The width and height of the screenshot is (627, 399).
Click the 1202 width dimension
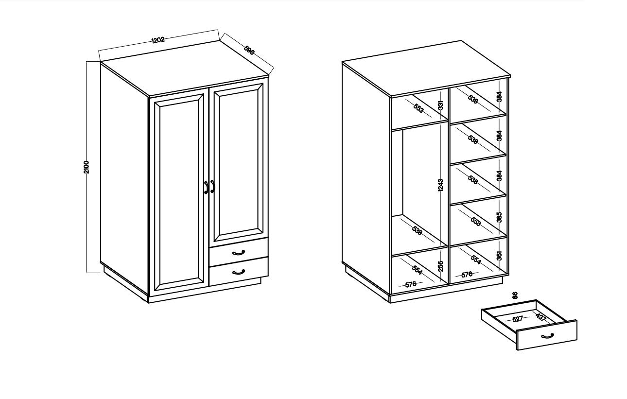pos(158,40)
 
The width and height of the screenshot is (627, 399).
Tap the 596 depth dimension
pos(249,50)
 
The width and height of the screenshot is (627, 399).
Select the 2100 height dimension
pos(86,167)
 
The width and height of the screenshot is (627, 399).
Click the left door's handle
pos(206,187)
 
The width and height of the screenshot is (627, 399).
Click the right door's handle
pos(212,187)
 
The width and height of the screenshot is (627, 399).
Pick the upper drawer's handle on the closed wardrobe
pos(239,253)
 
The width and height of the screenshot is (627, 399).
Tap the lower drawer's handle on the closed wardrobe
pos(239,272)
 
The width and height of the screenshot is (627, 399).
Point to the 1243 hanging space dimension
pos(440,185)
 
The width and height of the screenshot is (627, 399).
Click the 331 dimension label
pos(440,105)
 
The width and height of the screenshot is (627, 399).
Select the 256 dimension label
pos(440,266)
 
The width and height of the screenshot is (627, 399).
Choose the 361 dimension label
pos(499,256)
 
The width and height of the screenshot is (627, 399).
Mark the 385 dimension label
pos(499,217)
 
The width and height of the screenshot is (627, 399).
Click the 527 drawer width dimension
pos(518,319)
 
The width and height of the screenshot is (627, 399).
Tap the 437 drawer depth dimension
pos(541,317)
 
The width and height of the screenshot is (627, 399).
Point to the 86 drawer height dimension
pos(515,295)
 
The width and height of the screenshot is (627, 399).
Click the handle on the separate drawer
pos(547,335)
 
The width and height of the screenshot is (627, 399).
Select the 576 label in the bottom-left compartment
pos(411,284)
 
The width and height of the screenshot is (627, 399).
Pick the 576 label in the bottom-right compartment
pos(467,275)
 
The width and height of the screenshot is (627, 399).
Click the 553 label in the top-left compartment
pos(418,108)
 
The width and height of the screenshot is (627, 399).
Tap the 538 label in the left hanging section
pos(417,230)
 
